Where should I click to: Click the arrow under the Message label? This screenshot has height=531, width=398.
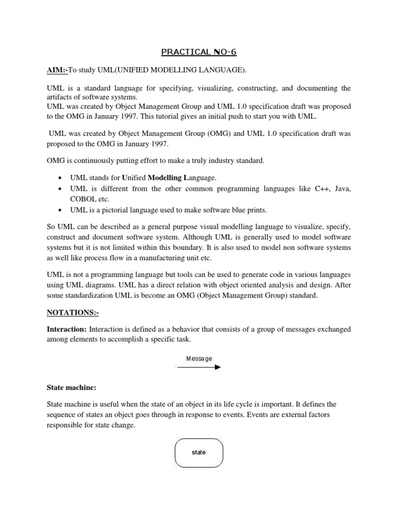(x=199, y=367)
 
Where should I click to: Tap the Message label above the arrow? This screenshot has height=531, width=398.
(x=199, y=358)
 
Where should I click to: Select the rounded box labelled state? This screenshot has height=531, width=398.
(x=199, y=452)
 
